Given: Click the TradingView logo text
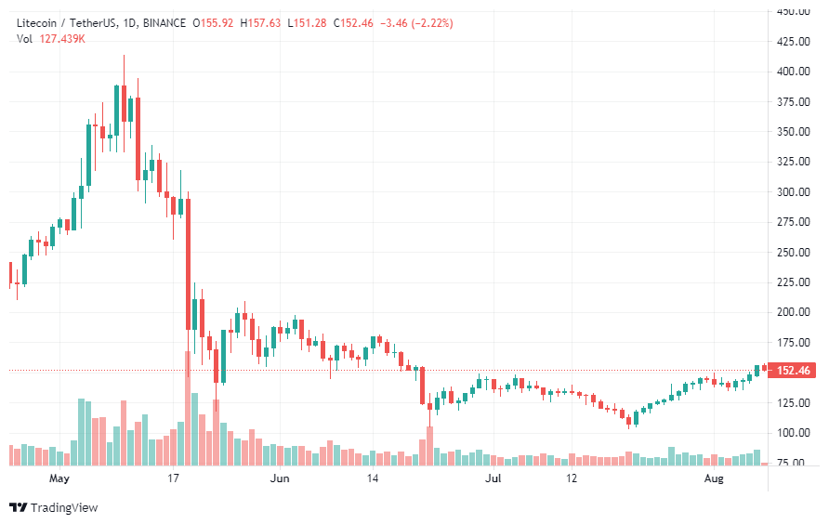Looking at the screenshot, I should tap(63, 507).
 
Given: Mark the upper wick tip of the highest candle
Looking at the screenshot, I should tap(124, 56).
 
